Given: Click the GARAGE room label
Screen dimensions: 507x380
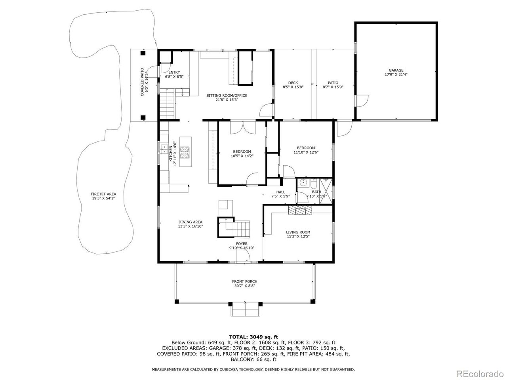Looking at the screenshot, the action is point(396,70).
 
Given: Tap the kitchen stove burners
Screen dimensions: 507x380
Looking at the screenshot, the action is point(185,152).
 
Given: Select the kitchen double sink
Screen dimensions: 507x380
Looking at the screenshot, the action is point(164,149).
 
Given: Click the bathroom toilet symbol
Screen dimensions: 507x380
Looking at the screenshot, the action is point(314,183).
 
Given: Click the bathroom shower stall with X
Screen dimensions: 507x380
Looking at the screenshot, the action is point(326,191).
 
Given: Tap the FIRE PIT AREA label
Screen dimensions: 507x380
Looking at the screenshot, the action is point(103,194).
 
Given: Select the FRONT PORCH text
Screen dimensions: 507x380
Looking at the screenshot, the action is point(245,281).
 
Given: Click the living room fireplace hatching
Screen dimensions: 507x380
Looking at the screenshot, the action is point(300,210).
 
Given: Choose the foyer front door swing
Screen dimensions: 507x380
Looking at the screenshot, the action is point(243,255).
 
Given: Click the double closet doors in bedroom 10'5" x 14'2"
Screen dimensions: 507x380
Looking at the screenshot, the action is point(243,127).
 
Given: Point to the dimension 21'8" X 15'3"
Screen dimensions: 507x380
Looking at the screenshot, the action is point(227,100).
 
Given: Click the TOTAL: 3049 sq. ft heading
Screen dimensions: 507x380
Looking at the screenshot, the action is point(253,337).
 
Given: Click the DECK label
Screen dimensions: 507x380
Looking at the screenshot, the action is point(293,83).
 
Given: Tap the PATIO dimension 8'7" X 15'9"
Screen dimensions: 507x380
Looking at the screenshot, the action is point(333,87).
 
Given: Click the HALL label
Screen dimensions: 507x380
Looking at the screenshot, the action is point(281,192).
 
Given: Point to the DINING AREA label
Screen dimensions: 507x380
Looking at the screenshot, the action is point(191,222).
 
